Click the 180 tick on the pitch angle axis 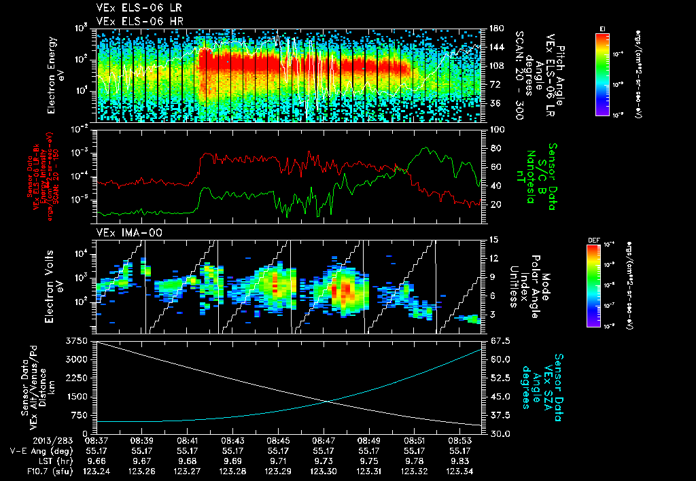point(495,29)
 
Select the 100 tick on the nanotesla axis point(495,129)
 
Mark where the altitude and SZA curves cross point(329,401)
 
